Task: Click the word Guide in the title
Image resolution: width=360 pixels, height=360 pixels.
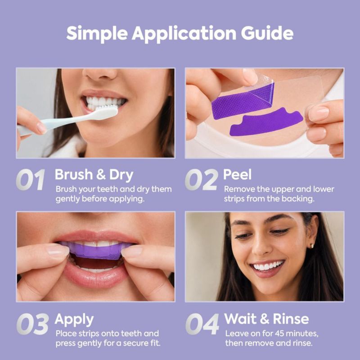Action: point(267,34)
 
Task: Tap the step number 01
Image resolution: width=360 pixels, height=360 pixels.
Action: point(30,180)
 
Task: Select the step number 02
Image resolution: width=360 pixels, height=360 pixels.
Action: point(201,180)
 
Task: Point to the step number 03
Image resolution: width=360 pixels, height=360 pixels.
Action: point(32,324)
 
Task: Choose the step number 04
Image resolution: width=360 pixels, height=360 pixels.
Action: point(202,324)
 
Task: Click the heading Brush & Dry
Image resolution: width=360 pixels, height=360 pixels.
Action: point(94,175)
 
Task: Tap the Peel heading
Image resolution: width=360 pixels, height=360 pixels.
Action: point(237,175)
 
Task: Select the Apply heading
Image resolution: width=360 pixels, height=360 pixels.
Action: point(74,319)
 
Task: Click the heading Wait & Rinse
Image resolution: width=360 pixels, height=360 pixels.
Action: point(266,319)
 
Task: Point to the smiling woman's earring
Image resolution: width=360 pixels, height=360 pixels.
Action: point(312,246)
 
